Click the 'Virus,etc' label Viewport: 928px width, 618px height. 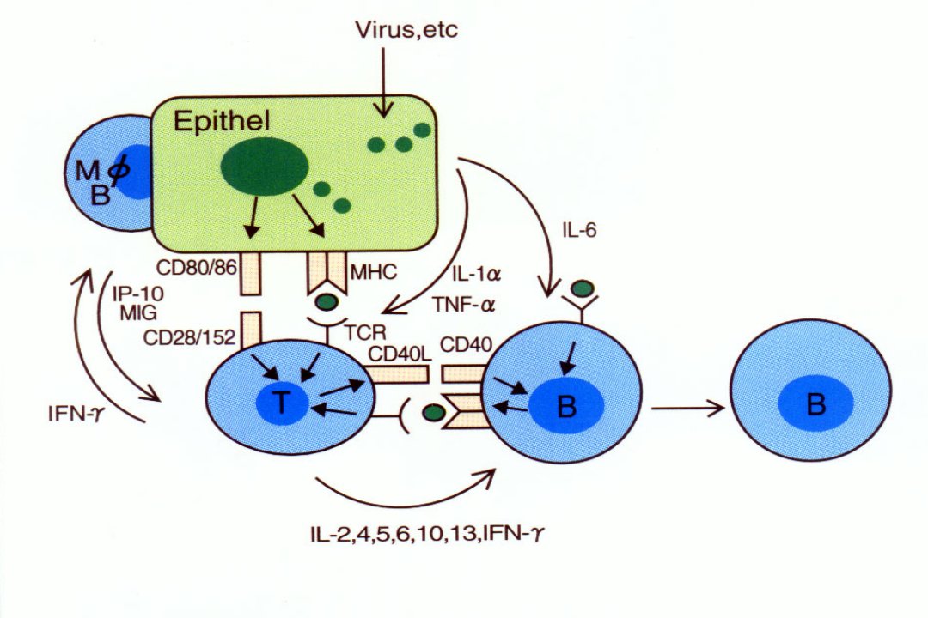click(x=406, y=29)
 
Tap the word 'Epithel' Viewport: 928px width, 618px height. click(x=222, y=121)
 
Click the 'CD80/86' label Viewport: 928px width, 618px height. click(x=197, y=268)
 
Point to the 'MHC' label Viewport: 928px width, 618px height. click(x=374, y=272)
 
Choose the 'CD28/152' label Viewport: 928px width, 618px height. click(x=190, y=337)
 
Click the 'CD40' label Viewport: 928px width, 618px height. click(x=467, y=344)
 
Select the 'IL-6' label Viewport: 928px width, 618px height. click(x=579, y=229)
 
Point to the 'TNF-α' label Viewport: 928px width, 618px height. click(x=464, y=305)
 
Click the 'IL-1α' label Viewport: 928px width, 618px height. click(x=476, y=275)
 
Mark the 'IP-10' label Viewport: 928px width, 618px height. click(x=137, y=294)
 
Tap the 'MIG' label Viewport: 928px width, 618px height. click(x=137, y=312)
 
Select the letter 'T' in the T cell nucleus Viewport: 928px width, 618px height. click(x=282, y=403)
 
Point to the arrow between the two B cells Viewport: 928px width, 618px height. click(x=688, y=408)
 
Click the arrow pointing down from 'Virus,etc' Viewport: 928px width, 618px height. click(x=384, y=82)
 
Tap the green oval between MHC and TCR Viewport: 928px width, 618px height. click(x=327, y=301)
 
